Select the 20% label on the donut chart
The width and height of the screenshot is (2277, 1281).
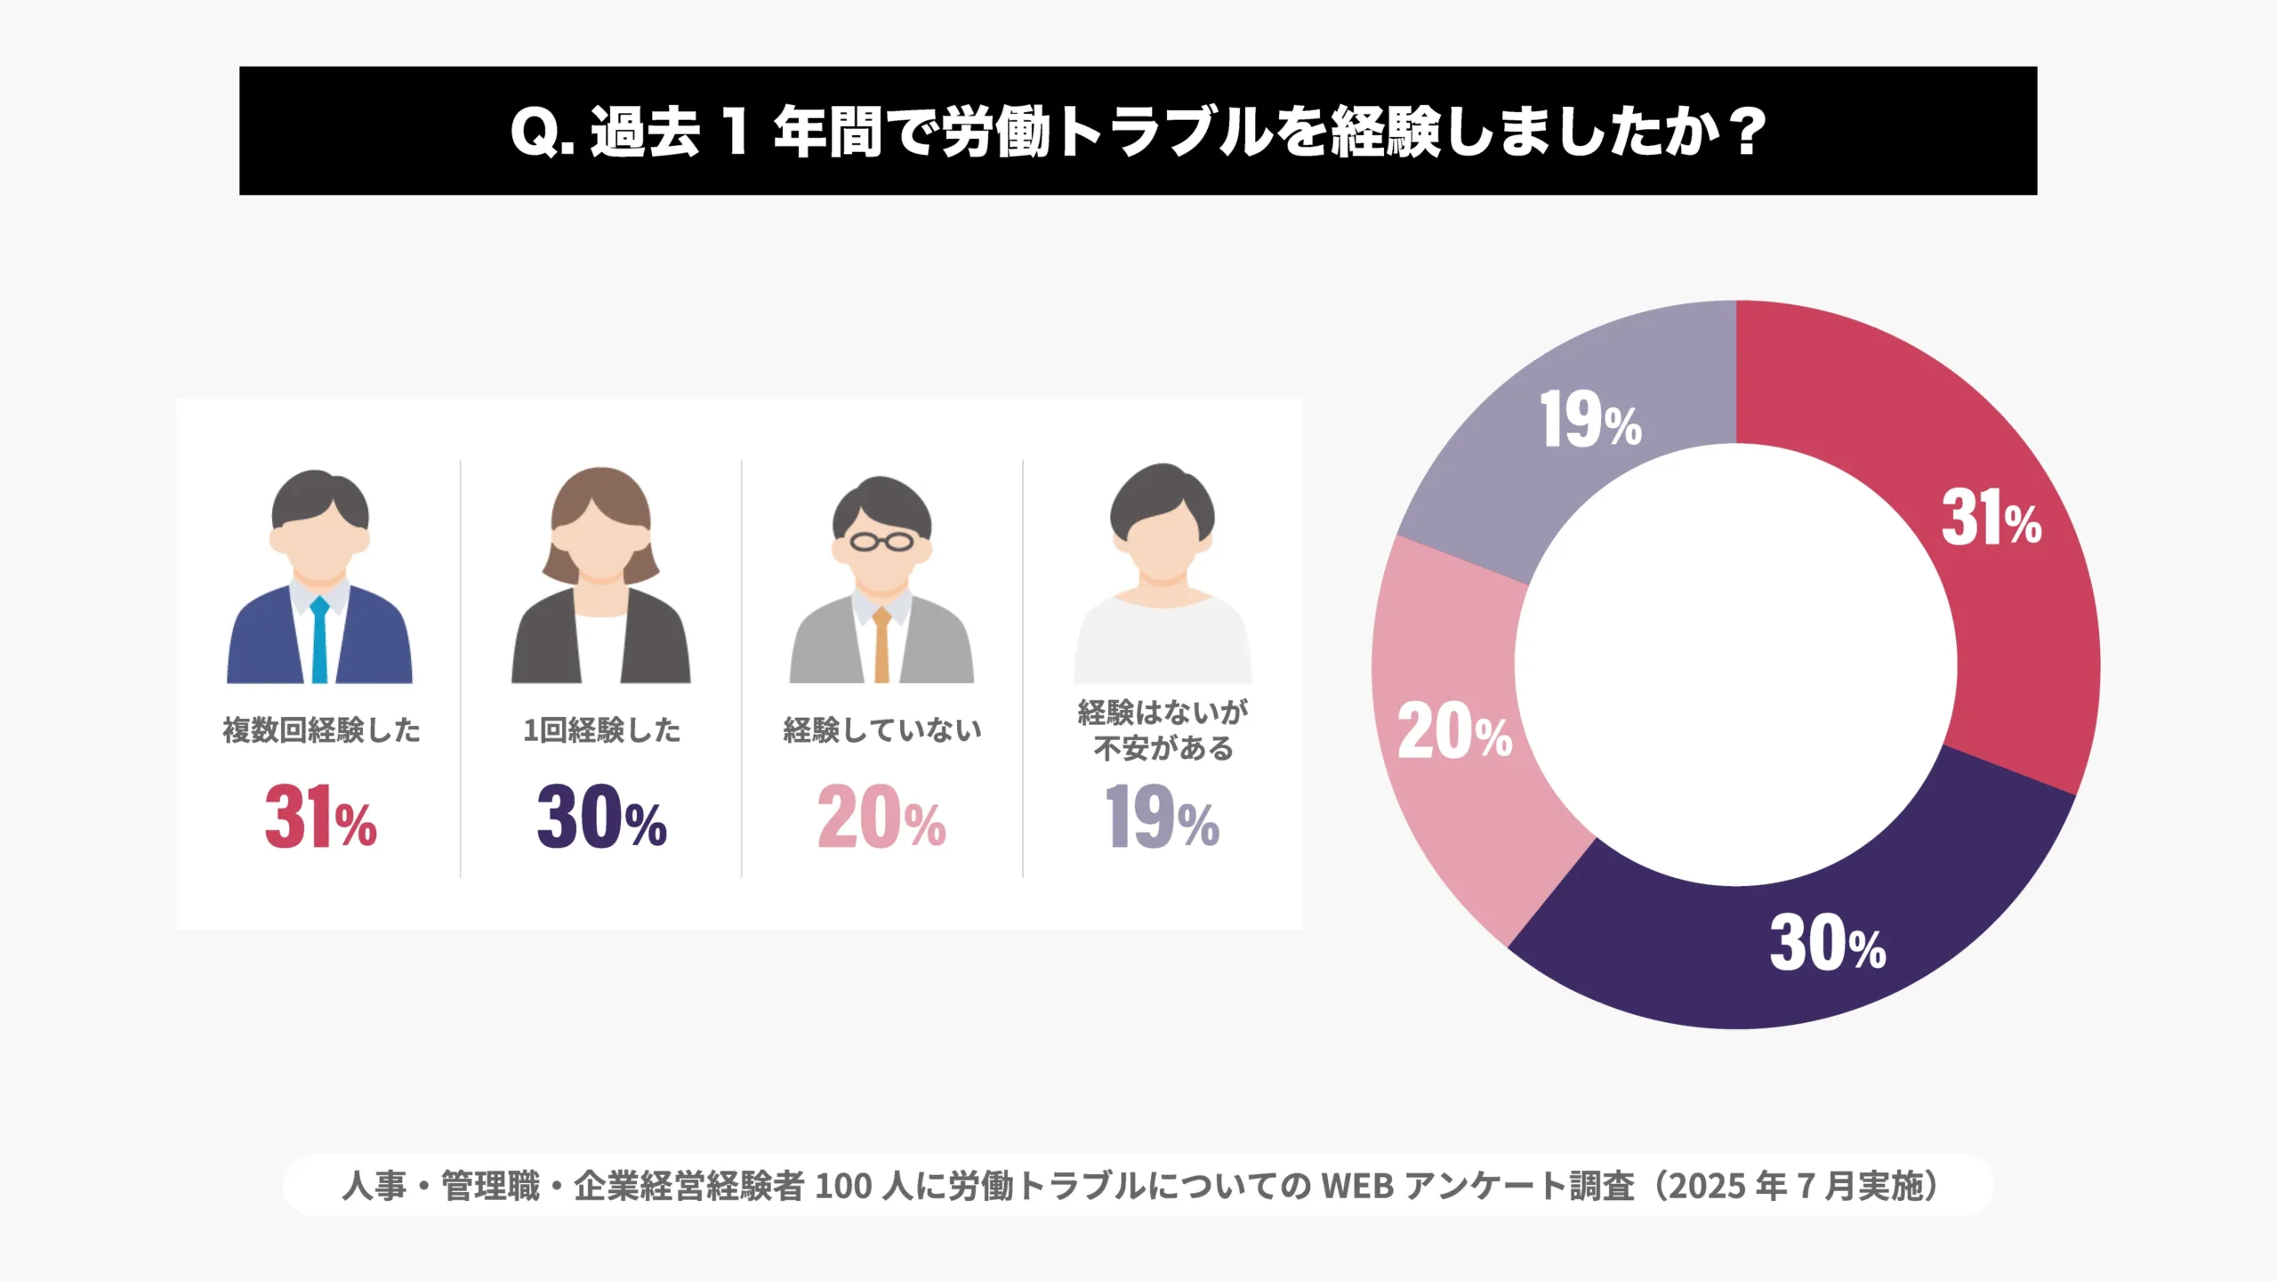coord(1454,731)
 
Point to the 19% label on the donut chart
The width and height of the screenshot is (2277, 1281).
coord(1590,420)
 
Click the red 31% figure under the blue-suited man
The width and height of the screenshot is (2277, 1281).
coord(320,817)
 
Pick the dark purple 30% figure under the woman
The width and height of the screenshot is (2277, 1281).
coord(601,817)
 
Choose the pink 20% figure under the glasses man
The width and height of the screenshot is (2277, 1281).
coord(881,817)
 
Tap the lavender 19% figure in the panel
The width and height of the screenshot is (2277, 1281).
coord(1162,817)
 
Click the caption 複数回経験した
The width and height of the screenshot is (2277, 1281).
coord(321,730)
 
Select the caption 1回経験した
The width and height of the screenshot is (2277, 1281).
coord(601,730)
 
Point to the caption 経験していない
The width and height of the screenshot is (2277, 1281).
coord(881,730)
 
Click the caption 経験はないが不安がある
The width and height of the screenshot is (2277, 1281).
coord(1163,730)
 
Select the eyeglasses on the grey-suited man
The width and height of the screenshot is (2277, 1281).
coord(881,541)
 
